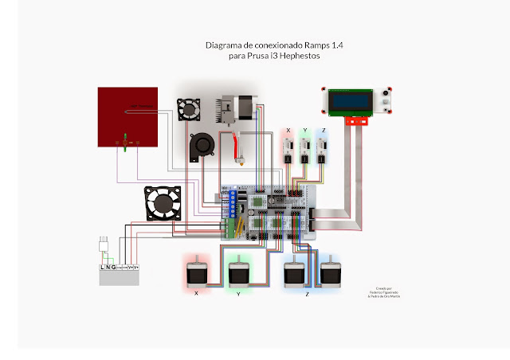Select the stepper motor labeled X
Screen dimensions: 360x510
195,273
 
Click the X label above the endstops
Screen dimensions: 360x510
288,130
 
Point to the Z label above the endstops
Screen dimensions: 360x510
323,130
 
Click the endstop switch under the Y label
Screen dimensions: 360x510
305,149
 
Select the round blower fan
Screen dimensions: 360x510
202,145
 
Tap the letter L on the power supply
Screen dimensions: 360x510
103,267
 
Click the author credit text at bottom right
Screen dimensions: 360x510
387,293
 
